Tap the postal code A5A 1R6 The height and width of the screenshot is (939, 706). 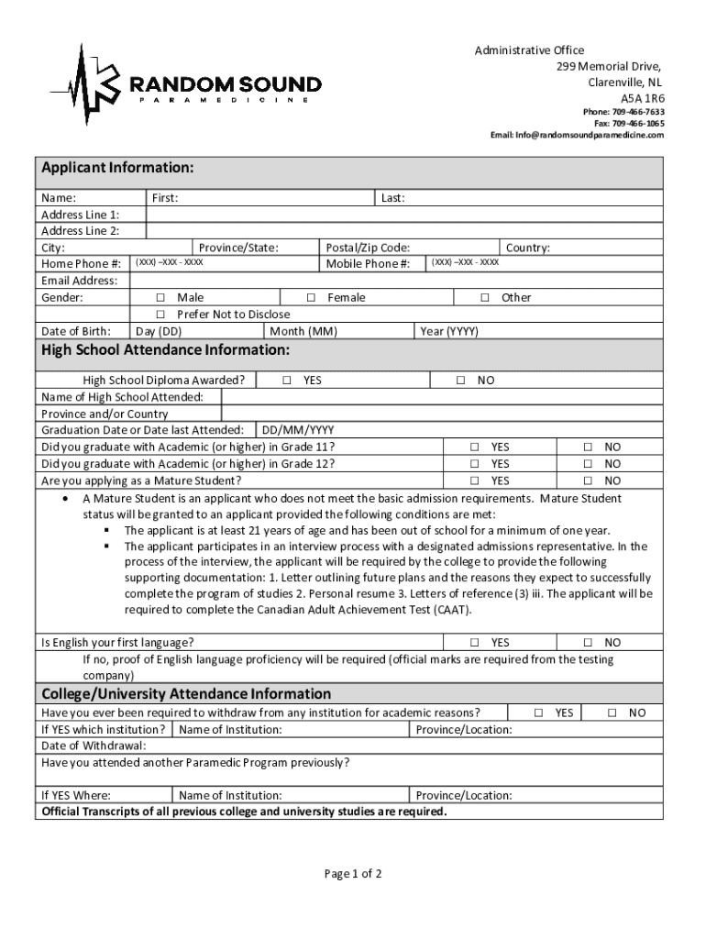click(643, 97)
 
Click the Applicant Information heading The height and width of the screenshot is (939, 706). click(117, 168)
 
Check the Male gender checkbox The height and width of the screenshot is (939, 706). click(160, 298)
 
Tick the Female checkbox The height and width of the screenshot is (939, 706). click(311, 298)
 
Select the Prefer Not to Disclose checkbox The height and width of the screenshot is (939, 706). click(160, 315)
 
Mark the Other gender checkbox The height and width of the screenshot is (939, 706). click(485, 298)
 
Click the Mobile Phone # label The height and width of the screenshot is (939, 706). click(369, 264)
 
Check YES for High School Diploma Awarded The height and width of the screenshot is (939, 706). click(287, 380)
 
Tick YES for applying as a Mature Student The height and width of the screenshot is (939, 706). click(475, 481)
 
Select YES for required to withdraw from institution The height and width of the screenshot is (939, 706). click(539, 713)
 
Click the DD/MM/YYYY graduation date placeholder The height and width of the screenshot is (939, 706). click(298, 430)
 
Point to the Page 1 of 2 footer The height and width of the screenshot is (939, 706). click(353, 874)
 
